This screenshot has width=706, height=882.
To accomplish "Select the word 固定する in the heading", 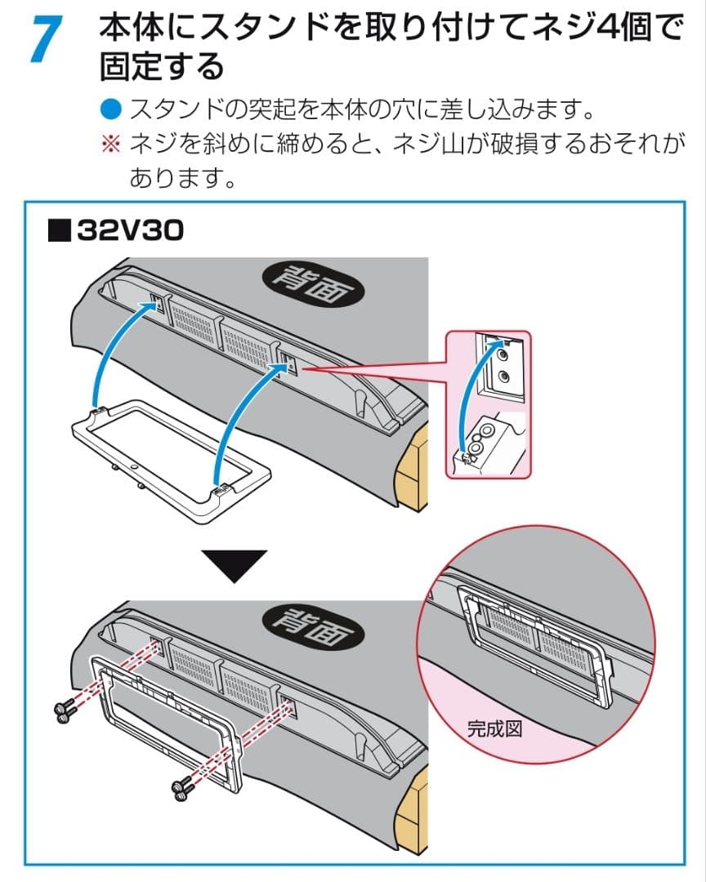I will point(161,66).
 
